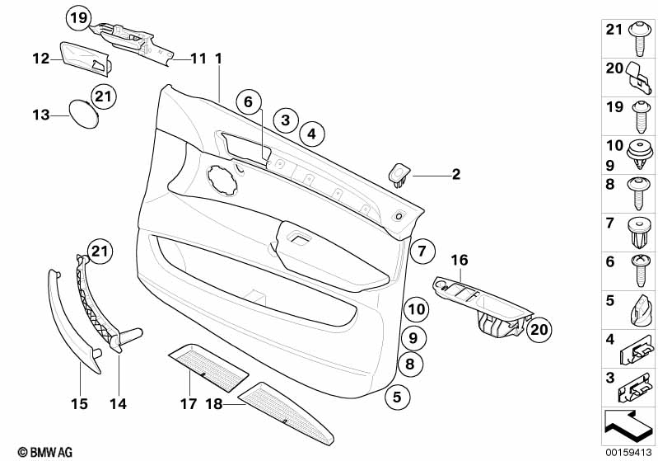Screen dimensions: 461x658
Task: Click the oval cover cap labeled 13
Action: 81,114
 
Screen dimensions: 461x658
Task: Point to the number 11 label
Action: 198,59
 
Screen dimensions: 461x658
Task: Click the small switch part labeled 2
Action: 400,175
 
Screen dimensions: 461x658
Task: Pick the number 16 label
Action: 458,261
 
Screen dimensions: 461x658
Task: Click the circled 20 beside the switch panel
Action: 538,330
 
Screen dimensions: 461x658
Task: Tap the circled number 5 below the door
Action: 397,397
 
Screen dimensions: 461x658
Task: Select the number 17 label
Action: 189,404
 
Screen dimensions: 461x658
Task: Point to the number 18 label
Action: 214,404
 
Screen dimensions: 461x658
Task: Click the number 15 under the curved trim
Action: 79,404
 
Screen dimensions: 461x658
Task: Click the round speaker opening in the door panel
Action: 221,176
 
